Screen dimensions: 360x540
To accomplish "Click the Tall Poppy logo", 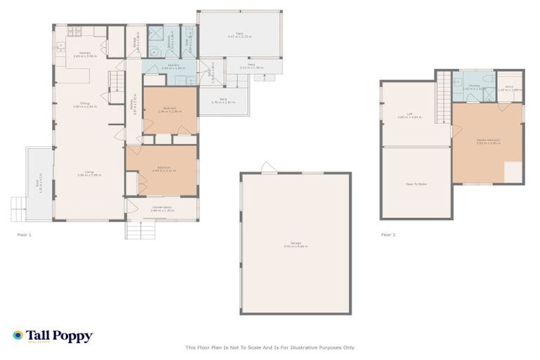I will click(53, 336).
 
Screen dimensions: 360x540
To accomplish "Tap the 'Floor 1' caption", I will click(25, 234).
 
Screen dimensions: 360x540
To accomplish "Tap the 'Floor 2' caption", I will click(388, 234).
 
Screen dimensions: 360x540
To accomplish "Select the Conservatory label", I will click(161, 208).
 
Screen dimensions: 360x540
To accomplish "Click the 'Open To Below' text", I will click(416, 184).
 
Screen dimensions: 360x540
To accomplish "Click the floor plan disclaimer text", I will click(269, 347).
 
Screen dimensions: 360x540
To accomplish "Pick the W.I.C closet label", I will click(510, 89).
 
